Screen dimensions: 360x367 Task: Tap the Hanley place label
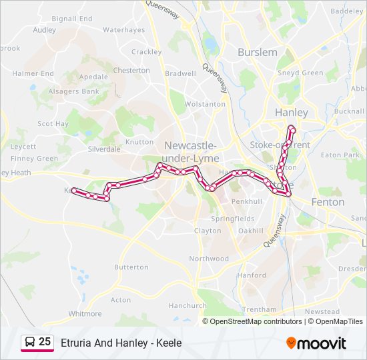point(292,113)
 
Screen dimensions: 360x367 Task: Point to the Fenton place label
point(328,201)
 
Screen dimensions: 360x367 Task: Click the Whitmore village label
point(85,313)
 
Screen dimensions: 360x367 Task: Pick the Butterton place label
point(131,267)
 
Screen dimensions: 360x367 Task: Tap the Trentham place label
point(259,309)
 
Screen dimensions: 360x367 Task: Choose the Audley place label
point(44,30)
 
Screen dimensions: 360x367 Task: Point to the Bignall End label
point(72,19)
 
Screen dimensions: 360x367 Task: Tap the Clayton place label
point(208,231)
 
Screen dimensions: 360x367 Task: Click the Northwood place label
point(209,259)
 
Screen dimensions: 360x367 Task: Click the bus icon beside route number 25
point(29,343)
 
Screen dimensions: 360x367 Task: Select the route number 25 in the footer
point(45,342)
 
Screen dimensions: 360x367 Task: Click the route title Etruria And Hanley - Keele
point(121,343)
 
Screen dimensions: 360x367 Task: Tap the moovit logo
point(316,343)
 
